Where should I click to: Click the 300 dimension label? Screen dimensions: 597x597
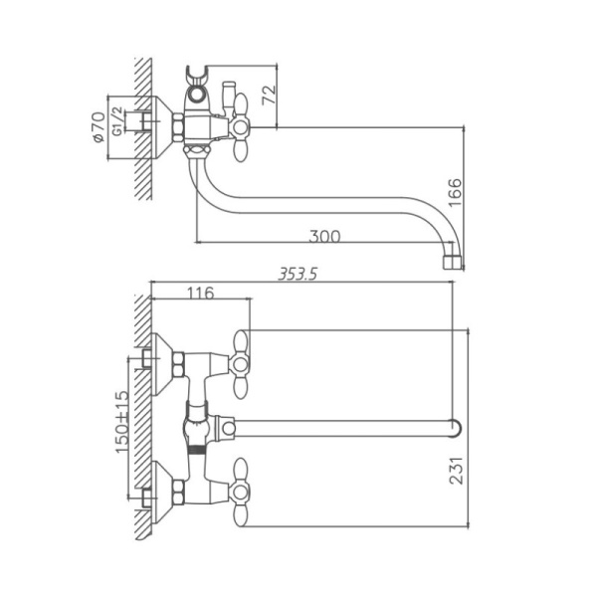coord(324,236)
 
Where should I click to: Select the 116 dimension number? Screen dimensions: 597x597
coord(200,294)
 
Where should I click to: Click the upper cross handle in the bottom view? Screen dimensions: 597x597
coord(242,356)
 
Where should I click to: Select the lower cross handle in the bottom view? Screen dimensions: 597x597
coord(242,486)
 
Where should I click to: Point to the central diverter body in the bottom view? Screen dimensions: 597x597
coord(199,426)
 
